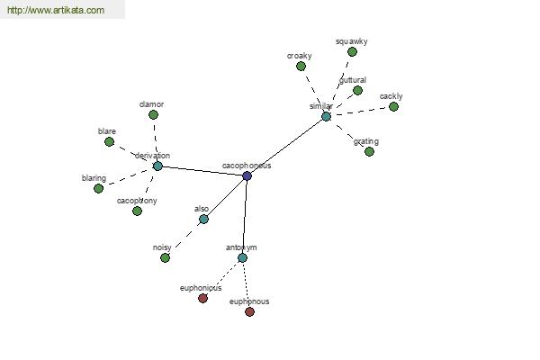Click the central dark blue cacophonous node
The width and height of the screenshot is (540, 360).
point(247,175)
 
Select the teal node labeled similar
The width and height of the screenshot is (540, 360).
point(326,116)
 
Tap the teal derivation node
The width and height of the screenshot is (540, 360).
point(157,166)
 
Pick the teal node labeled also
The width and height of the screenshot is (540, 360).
point(203,219)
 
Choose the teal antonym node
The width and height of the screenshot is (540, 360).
point(242,258)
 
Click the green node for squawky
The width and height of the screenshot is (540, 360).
point(352,52)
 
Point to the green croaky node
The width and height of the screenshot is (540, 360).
point(301,66)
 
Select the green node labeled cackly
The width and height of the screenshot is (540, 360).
point(393,106)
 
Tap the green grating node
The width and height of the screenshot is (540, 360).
point(369,151)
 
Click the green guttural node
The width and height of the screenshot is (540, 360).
point(357,90)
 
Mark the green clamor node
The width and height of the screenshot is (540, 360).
point(153,114)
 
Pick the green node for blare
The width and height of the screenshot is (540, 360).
point(109,141)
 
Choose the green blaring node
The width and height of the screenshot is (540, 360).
point(98,188)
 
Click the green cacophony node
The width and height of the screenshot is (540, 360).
point(137,211)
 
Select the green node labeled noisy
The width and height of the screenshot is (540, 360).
point(165,257)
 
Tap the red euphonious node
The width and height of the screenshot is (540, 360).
point(202,298)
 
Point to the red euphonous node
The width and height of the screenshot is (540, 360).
point(249,311)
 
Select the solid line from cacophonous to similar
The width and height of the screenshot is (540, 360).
point(286,146)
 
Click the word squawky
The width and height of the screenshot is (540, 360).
point(351,41)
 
